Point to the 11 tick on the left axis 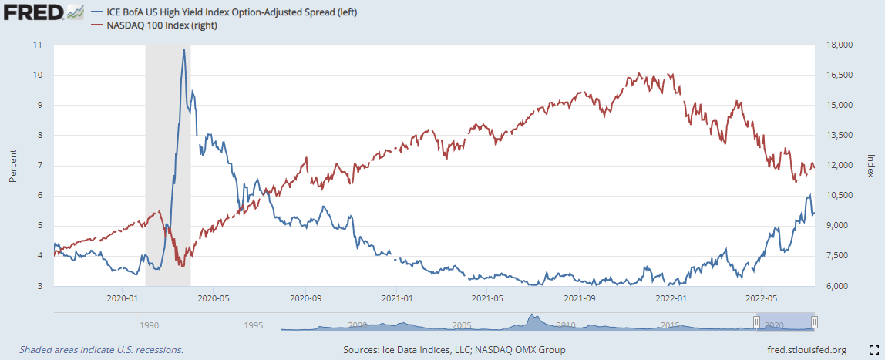(38, 45)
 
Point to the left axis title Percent (12, 165)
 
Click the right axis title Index (870, 165)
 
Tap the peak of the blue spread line (183, 49)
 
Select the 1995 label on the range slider (254, 325)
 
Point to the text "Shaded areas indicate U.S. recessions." (101, 349)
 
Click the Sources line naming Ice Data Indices (454, 349)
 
